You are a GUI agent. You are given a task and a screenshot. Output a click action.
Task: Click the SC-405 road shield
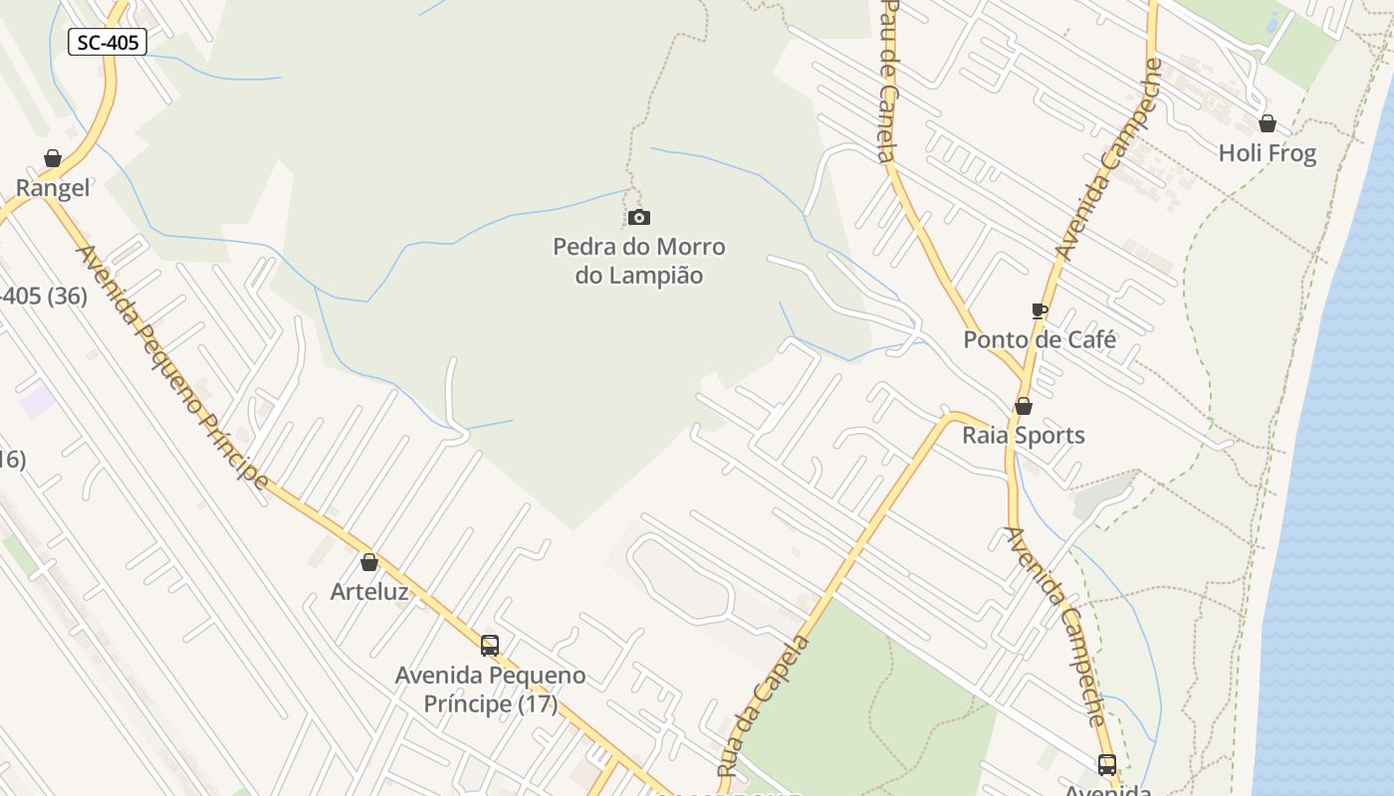coord(108,42)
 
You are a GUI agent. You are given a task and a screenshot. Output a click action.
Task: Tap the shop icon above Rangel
coord(53,159)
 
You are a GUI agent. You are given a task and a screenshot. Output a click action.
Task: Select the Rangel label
coord(53,188)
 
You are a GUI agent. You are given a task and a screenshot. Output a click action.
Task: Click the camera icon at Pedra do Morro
coord(639,217)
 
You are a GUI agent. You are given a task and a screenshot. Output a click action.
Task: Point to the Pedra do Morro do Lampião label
coord(639,261)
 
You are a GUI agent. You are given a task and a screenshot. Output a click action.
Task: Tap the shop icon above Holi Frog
coord(1268,124)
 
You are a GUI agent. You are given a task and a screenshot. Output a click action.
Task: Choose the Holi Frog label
coord(1268,153)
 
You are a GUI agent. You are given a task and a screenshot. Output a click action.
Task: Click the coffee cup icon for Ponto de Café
coord(1040,311)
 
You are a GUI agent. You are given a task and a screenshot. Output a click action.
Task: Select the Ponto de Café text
coord(1040,339)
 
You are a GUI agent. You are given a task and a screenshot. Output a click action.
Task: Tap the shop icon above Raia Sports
coord(1024,407)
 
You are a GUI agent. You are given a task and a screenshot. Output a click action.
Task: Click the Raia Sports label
coord(1024,435)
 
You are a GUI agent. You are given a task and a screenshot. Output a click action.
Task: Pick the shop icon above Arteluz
coord(369,563)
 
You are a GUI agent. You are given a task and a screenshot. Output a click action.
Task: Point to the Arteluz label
coord(369,591)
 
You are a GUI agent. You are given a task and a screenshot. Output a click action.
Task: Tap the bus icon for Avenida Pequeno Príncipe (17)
coord(490,646)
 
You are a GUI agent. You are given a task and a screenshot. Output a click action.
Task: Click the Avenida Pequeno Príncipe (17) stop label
coord(490,690)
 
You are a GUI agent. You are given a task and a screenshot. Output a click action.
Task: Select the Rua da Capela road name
coord(764,704)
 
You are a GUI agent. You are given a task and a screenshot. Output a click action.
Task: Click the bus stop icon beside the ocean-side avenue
coord(1107,765)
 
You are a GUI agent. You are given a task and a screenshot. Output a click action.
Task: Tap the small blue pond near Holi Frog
coord(1272,22)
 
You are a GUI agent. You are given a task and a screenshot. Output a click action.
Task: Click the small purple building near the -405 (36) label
coord(37,401)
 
